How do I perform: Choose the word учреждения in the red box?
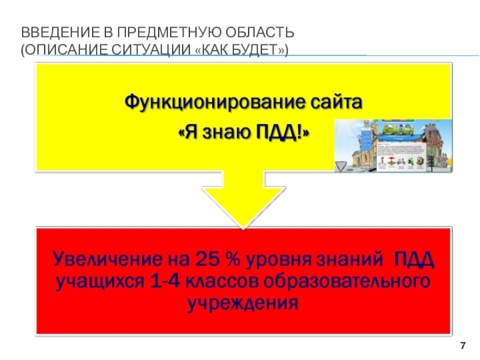242,302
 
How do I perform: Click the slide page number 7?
463,344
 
